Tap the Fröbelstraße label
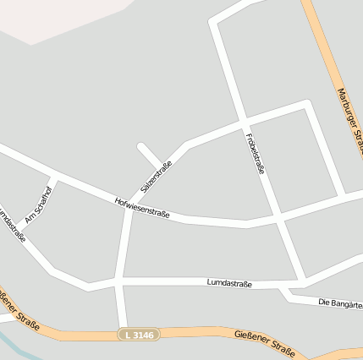point(255,152)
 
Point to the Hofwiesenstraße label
point(142,208)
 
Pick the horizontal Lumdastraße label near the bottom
point(228,283)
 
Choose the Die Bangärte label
point(340,303)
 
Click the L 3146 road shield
point(138,335)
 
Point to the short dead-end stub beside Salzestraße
point(148,155)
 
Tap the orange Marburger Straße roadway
point(326,59)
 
